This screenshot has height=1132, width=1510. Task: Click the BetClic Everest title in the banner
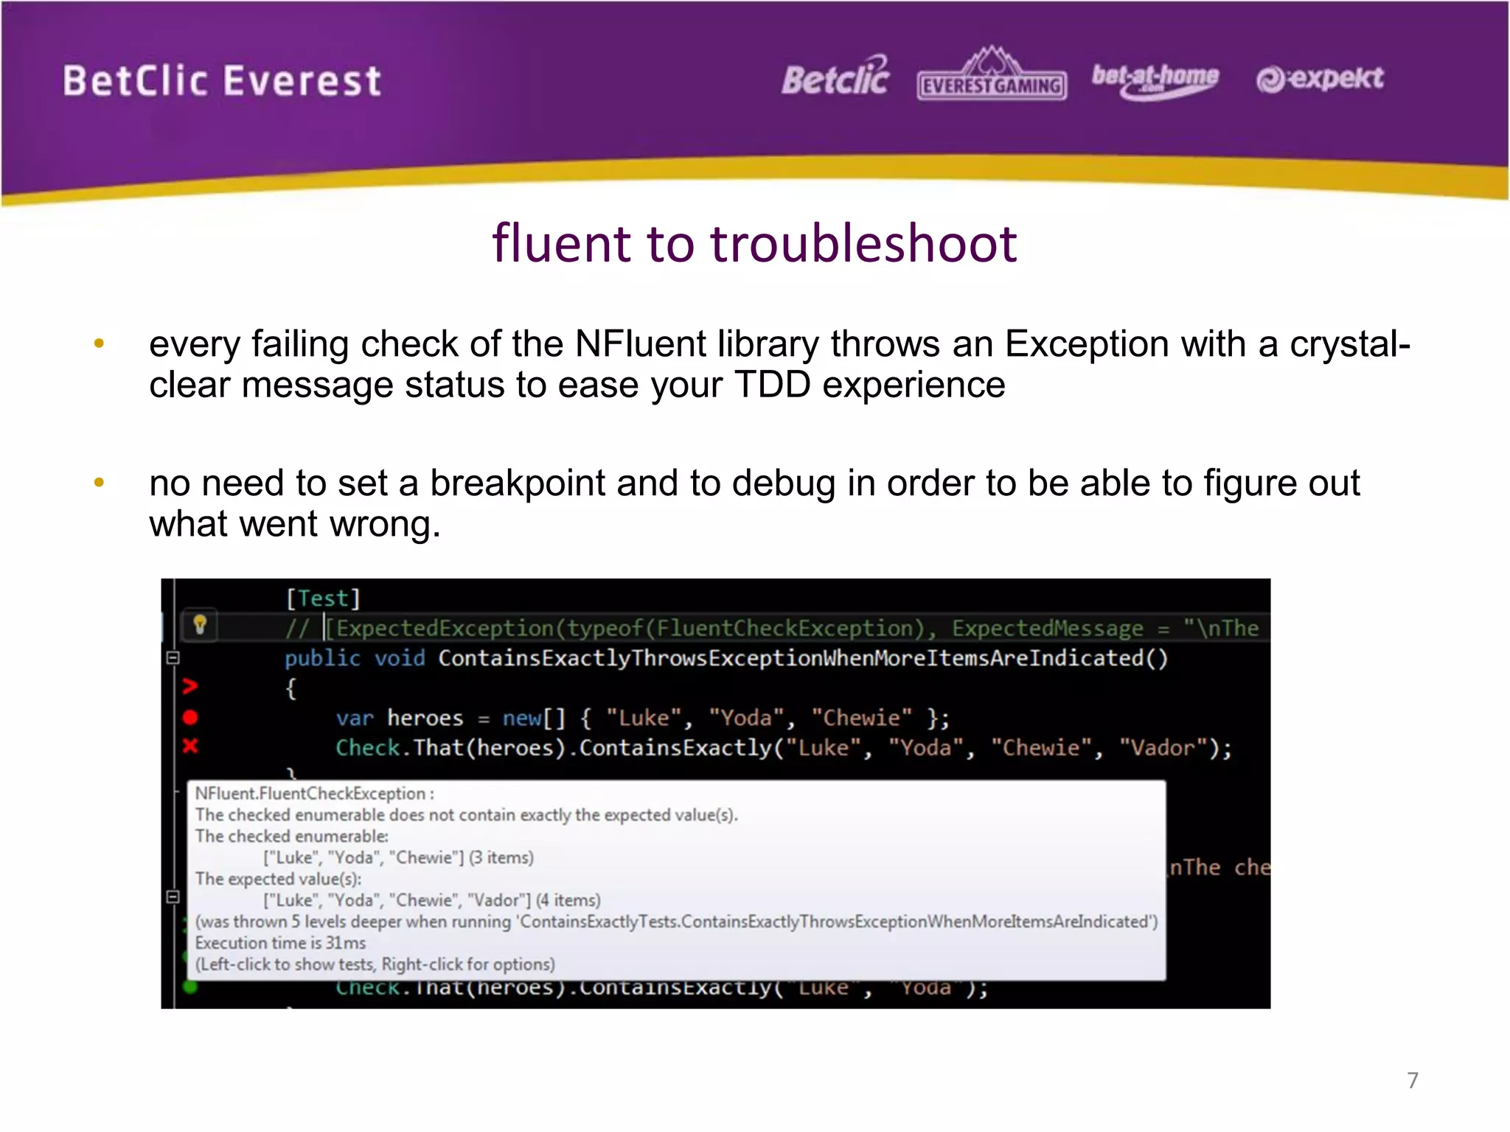point(221,81)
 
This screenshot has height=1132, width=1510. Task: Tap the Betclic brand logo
point(835,77)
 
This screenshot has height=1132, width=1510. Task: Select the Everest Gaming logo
point(992,77)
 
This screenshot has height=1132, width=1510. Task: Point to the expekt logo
point(1320,78)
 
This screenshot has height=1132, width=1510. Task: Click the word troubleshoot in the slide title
point(863,243)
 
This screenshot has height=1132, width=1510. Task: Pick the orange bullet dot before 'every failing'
point(99,343)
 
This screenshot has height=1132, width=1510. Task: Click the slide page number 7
point(1412,1080)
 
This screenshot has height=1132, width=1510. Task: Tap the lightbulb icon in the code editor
point(199,625)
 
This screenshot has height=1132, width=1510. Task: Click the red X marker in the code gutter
point(190,746)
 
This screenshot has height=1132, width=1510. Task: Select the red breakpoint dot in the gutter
point(190,717)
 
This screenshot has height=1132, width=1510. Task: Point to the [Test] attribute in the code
point(323,598)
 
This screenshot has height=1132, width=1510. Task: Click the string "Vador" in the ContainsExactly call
point(1162,748)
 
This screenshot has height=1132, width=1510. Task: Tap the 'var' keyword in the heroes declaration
point(354,718)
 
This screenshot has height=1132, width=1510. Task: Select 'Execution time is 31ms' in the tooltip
point(280,943)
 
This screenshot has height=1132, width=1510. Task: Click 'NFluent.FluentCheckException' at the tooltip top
point(310,794)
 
